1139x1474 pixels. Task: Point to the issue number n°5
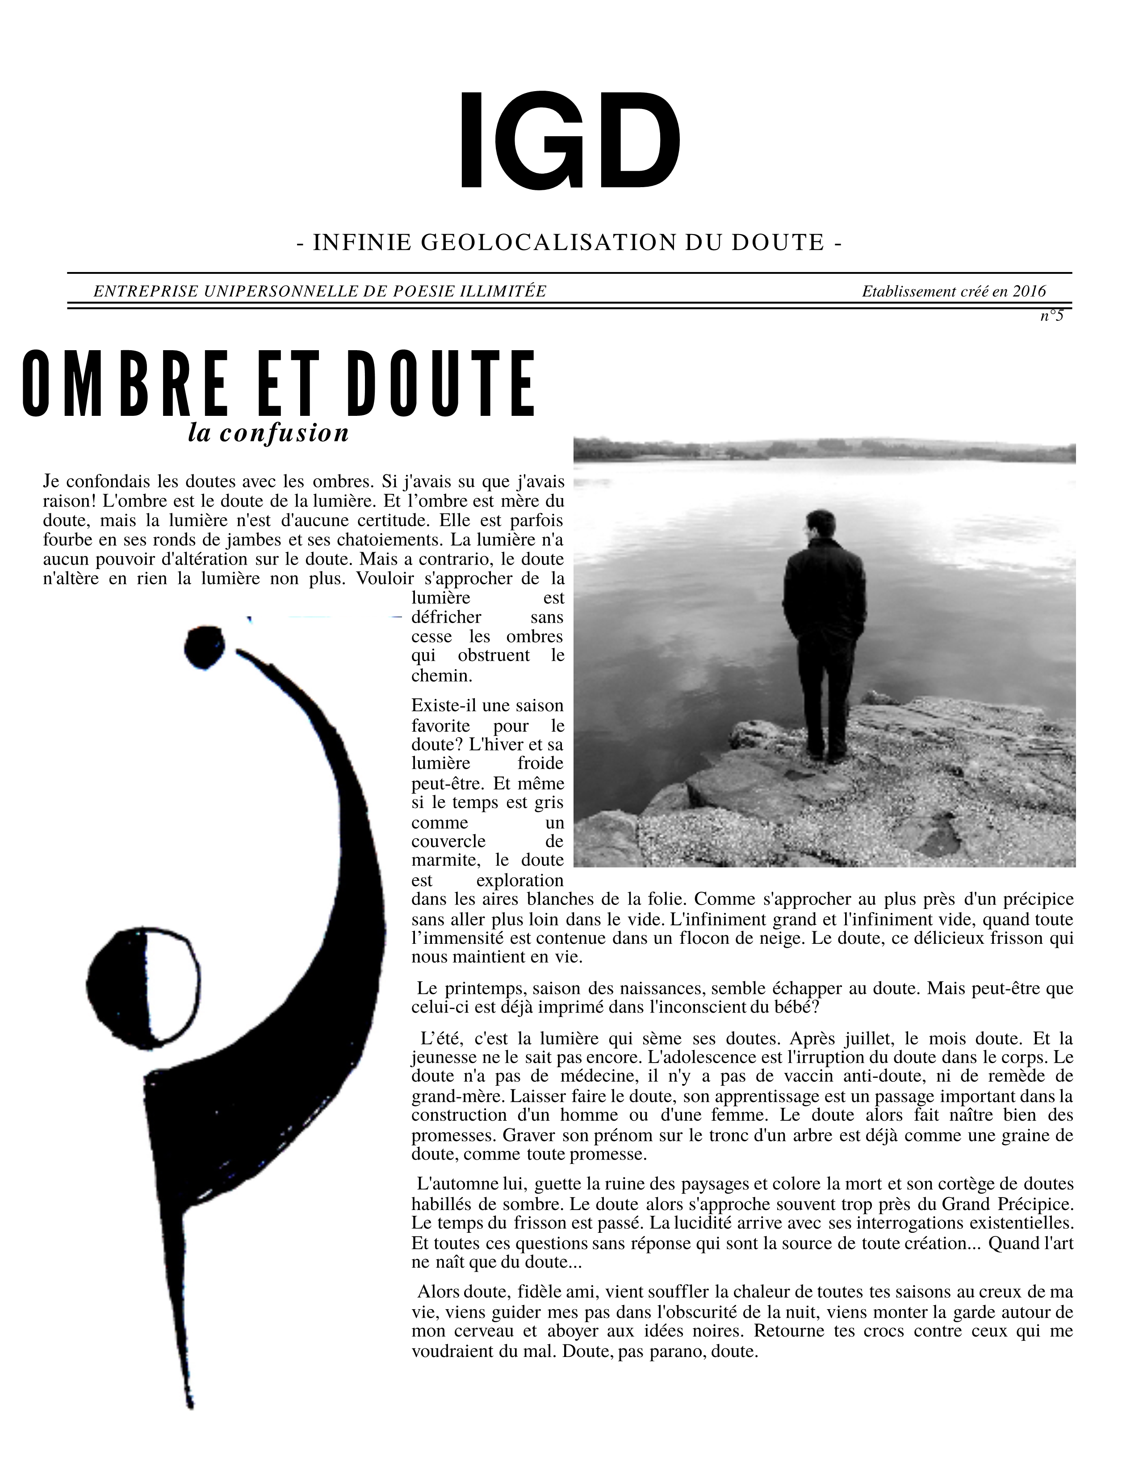click(x=1051, y=315)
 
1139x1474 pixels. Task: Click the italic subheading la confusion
click(x=268, y=433)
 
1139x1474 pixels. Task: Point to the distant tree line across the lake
click(x=823, y=449)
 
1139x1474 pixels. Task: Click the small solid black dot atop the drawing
click(x=204, y=647)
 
